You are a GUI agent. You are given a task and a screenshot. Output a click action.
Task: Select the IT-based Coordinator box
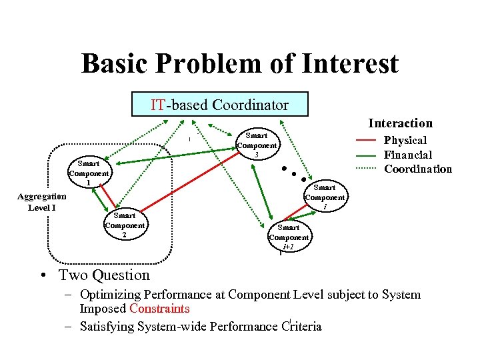(x=219, y=105)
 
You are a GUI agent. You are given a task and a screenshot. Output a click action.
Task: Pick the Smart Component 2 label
(x=125, y=225)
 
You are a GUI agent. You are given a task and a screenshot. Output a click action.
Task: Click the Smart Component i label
(x=325, y=197)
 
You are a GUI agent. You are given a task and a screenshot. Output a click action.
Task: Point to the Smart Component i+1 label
(x=289, y=237)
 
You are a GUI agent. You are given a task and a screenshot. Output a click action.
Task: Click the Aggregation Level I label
(x=41, y=202)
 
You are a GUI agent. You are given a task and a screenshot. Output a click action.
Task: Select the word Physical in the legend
(x=405, y=140)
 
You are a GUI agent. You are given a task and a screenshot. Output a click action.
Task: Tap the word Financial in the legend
(x=408, y=155)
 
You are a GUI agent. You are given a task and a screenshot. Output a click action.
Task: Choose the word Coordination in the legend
(x=418, y=169)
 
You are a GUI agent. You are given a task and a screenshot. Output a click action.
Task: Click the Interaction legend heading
(x=400, y=123)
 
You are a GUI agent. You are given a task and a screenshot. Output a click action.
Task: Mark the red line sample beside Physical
(x=365, y=141)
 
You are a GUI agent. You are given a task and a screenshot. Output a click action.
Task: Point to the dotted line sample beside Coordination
(x=365, y=169)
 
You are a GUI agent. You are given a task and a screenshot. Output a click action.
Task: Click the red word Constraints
(x=159, y=309)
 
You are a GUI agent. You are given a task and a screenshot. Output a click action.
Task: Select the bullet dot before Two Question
(x=41, y=276)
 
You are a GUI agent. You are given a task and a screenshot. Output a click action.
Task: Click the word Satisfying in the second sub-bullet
(x=105, y=326)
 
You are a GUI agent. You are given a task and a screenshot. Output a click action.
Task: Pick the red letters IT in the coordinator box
(x=158, y=105)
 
